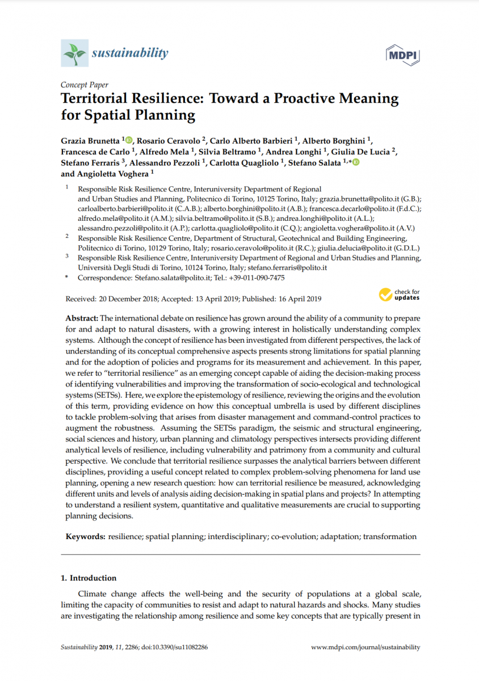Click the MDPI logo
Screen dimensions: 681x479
(x=402, y=54)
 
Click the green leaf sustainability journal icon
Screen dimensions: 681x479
(x=74, y=53)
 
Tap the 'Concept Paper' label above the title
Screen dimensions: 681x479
(x=84, y=85)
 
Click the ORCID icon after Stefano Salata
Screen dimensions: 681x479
(x=356, y=163)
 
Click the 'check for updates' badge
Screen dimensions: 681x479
(x=400, y=294)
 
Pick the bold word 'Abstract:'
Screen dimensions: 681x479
(x=82, y=319)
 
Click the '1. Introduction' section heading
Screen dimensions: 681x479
(x=89, y=578)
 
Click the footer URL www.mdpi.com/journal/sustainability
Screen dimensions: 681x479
(x=366, y=647)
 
